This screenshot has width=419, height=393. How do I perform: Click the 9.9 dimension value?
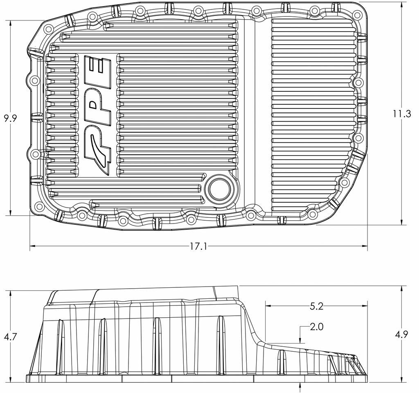click(10, 119)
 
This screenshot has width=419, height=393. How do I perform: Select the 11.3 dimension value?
click(402, 114)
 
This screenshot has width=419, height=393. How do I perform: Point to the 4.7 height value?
click(10, 337)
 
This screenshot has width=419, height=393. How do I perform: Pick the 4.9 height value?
click(402, 334)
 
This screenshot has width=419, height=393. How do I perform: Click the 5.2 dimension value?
click(316, 305)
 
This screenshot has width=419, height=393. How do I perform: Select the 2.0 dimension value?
click(316, 327)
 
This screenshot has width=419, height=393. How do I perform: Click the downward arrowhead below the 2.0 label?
click(301, 340)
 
